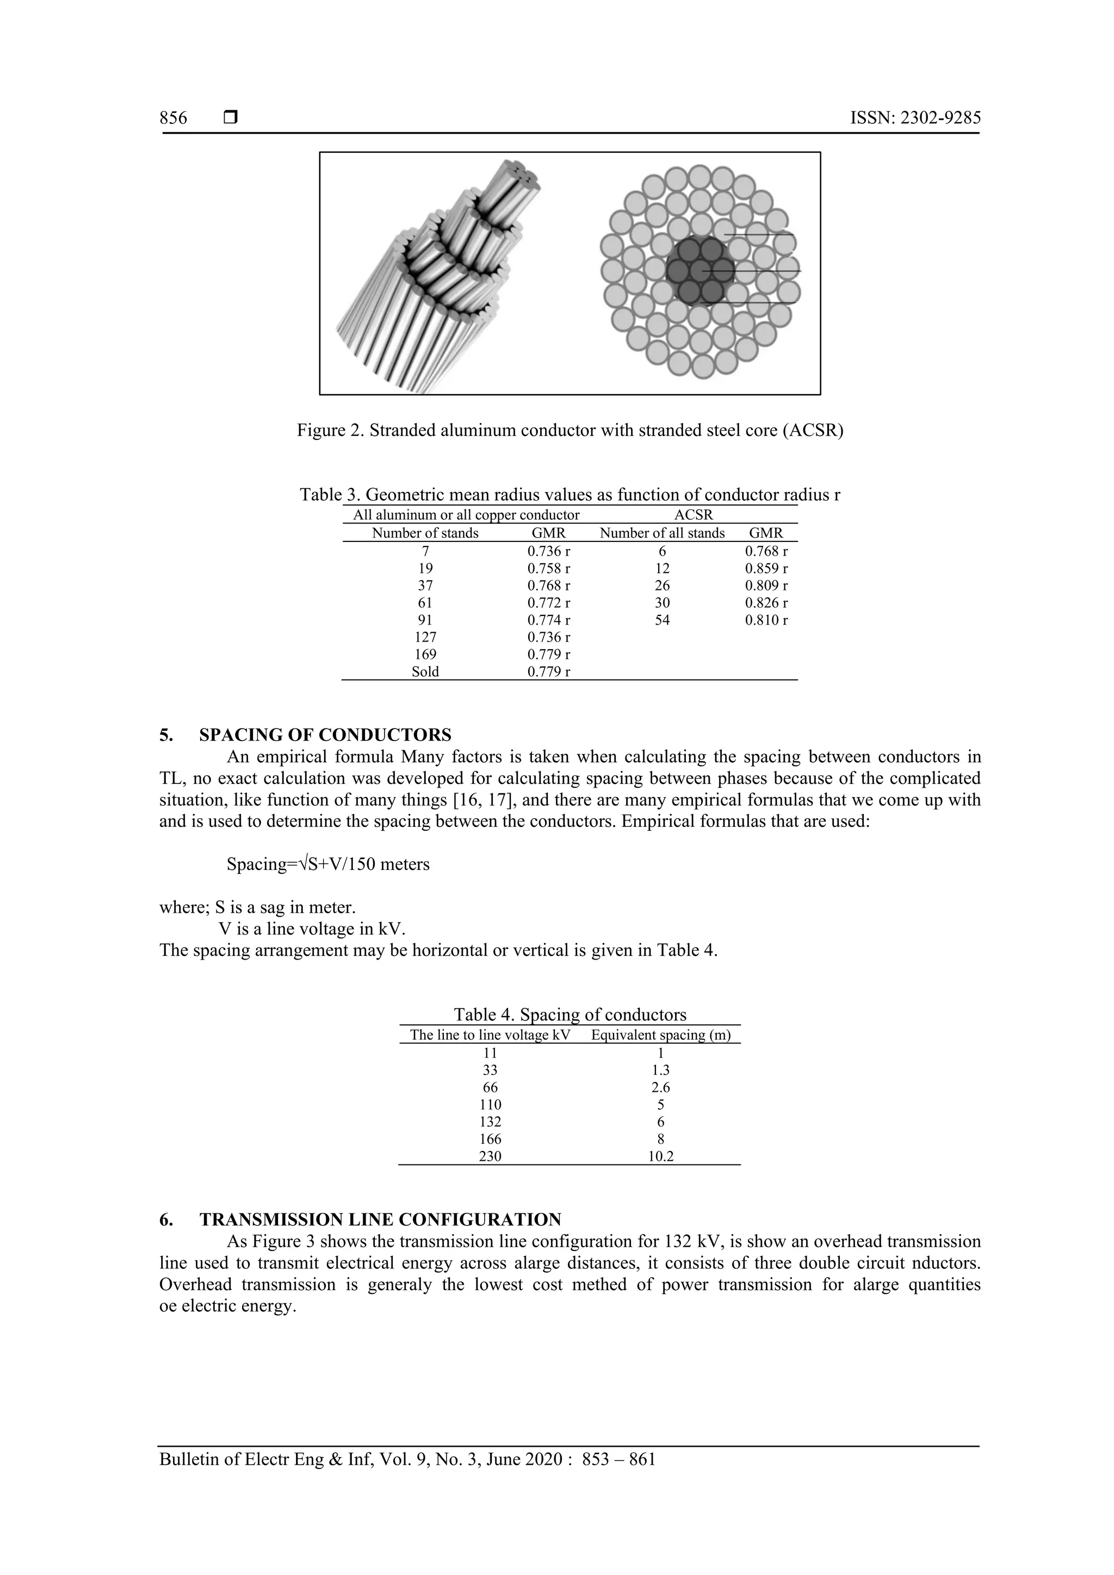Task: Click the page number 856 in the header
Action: [x=173, y=118]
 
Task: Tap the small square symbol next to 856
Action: [x=231, y=118]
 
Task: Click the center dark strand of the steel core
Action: [x=700, y=270]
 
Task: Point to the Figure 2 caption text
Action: [x=570, y=431]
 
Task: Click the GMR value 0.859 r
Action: [x=766, y=569]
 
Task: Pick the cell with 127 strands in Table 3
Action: [x=425, y=637]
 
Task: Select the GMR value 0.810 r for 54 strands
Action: [x=766, y=620]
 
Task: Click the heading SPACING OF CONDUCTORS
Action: [x=325, y=734]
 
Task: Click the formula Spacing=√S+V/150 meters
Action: [x=328, y=864]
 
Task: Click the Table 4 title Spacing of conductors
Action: [x=570, y=1014]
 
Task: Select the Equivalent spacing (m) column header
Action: [x=660, y=1035]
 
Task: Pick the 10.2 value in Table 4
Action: [x=660, y=1156]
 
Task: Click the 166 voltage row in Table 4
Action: [x=490, y=1140]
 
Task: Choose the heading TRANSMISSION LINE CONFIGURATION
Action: [x=380, y=1219]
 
